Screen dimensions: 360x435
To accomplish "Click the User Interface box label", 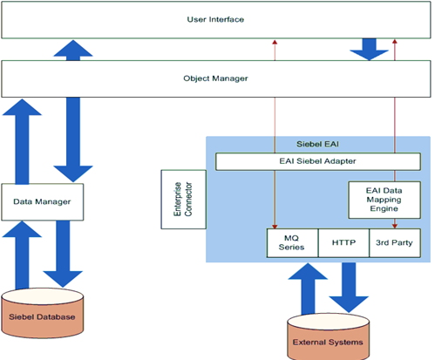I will pyautogui.click(x=216, y=17).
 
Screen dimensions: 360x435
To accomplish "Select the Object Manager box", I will pyautogui.click(x=216, y=78).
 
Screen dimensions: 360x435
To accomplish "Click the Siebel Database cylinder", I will pyautogui.click(x=42, y=316).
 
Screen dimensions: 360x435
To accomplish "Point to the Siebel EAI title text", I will pyautogui.click(x=316, y=144).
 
